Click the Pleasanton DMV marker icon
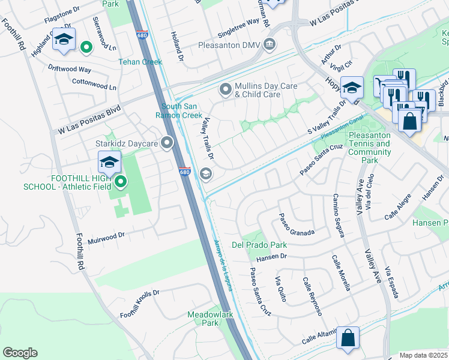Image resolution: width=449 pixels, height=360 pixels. click(269, 45)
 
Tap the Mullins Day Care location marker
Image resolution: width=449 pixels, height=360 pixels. click(226, 90)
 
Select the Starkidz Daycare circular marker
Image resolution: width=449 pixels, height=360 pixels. click(167, 143)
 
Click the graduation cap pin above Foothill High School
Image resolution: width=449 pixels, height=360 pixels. click(109, 163)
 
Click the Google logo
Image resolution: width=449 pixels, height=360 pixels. click(20, 352)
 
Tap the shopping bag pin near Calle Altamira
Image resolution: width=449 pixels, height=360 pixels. click(348, 338)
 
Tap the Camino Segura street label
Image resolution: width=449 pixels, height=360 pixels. click(339, 215)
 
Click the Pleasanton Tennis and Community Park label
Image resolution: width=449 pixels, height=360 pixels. click(369, 148)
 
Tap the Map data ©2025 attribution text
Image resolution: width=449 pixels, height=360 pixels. click(423, 355)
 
